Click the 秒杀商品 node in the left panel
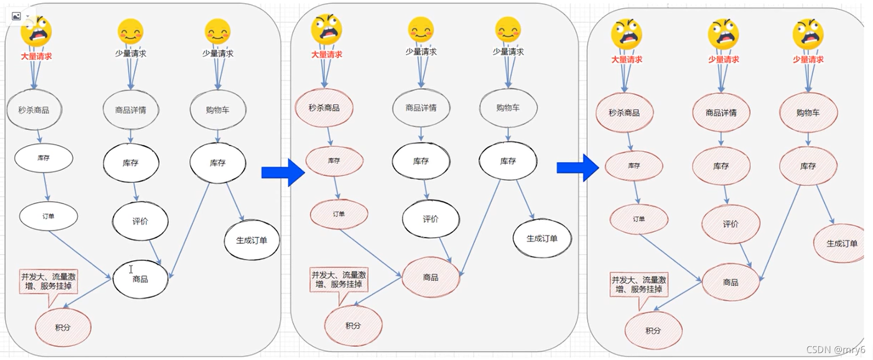coord(34,110)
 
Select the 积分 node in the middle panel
coord(353,326)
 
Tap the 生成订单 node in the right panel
coord(841,244)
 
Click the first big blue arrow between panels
coord(283,172)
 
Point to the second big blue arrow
coord(578,168)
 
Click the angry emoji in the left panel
coord(36,31)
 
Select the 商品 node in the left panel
coord(140,279)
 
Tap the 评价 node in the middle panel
coord(431,219)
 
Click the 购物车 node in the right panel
coord(808,113)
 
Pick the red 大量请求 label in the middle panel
coord(327,54)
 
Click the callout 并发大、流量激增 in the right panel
coord(639,284)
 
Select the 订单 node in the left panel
coord(49,216)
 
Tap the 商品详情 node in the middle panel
coord(421,108)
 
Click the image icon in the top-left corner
coord(16,16)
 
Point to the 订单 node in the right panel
coord(639,219)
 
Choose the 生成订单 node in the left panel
coord(252,241)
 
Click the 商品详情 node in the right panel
coord(721,113)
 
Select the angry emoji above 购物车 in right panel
coord(808,34)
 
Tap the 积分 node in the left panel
coord(63,328)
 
